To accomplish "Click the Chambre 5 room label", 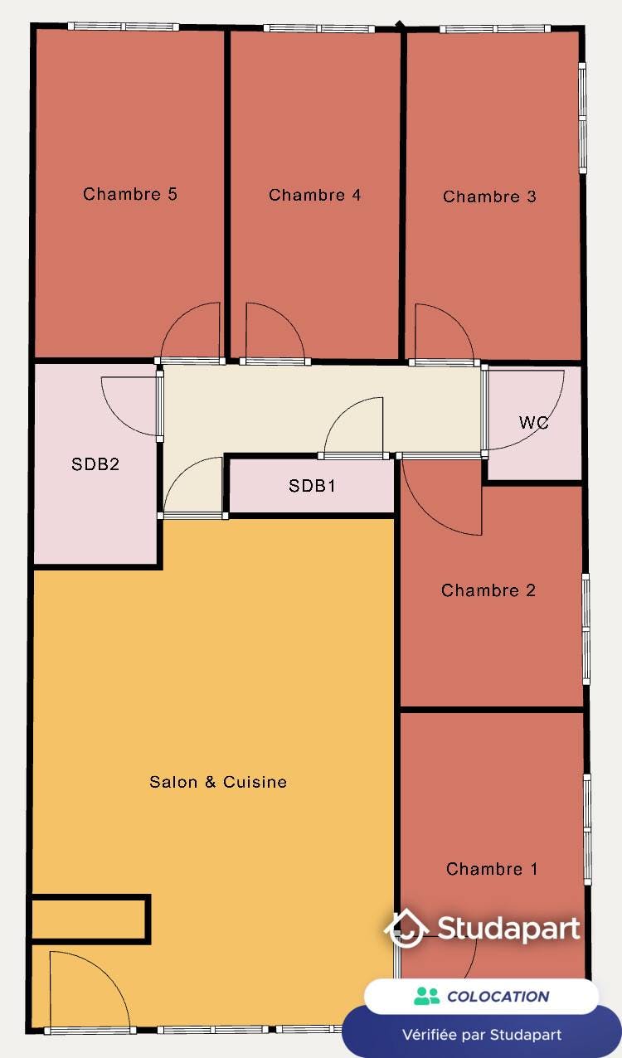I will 130,194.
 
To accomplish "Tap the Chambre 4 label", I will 315,195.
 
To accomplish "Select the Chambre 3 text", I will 489,197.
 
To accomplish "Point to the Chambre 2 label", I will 488,590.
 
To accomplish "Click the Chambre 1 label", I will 492,869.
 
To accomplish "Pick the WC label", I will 534,422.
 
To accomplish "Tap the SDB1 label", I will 312,486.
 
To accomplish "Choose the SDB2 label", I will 95,464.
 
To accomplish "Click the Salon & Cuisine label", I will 218,781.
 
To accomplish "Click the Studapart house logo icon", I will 406,929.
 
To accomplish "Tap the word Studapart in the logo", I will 508,929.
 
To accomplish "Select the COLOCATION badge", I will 481,996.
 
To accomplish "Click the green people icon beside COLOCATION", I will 427,996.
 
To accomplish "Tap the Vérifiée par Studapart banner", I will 481,1034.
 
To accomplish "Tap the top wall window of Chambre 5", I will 123,27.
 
